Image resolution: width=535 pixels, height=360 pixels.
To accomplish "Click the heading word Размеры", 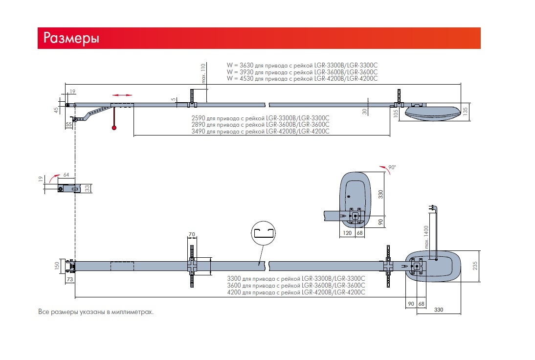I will click(x=71, y=38).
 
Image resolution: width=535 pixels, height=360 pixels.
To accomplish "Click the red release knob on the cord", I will click(x=114, y=128).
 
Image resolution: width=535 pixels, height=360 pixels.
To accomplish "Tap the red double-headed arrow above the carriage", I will click(x=122, y=94).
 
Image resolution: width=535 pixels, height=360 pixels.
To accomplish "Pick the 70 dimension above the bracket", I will click(x=192, y=235).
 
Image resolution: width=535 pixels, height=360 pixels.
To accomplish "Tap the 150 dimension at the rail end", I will click(x=57, y=266).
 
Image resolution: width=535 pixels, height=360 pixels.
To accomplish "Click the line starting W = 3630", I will click(x=302, y=65).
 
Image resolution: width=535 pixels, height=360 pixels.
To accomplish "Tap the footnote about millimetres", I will click(x=96, y=312).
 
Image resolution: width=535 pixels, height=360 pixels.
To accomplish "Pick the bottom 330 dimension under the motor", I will click(x=438, y=310).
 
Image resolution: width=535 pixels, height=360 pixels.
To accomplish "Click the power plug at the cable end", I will click(x=432, y=207).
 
